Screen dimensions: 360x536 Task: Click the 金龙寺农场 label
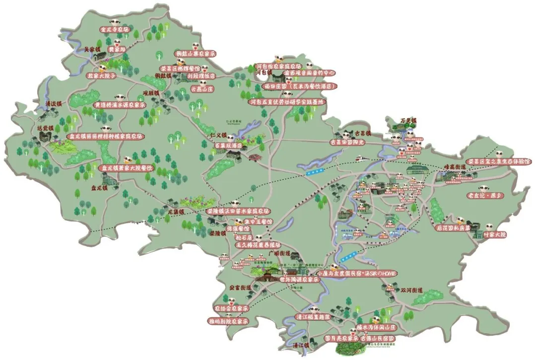115,30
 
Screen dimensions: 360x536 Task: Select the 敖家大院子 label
101,76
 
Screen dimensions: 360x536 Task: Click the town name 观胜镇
151,93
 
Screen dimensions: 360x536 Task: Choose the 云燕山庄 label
202,89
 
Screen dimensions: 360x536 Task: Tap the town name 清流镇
53,104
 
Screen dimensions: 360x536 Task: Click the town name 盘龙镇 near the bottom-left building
99,188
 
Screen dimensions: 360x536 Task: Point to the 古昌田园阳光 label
347,142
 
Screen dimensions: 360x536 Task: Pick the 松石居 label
232,237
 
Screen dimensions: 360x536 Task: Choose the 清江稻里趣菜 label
313,316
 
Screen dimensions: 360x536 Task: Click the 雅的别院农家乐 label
228,321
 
